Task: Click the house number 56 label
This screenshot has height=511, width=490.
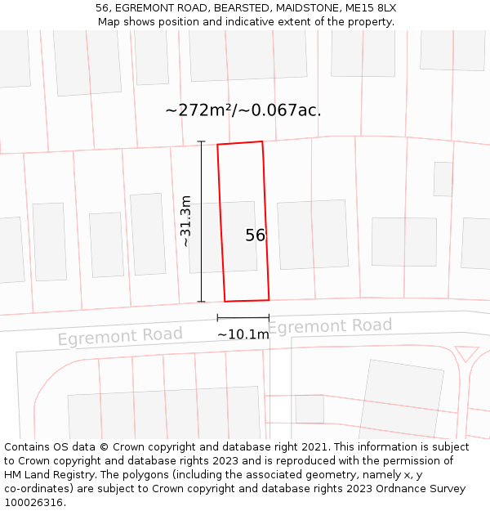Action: [x=255, y=235]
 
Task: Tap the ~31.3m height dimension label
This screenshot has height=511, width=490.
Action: [x=186, y=221]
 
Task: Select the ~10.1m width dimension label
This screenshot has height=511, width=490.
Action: [x=243, y=334]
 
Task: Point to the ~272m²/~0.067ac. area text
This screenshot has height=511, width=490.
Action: [x=243, y=110]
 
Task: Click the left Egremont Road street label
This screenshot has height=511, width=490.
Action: [x=120, y=336]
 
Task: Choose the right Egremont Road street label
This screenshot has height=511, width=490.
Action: [x=329, y=326]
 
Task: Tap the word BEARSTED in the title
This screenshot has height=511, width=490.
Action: [x=243, y=7]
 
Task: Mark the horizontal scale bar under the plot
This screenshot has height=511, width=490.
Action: [x=243, y=317]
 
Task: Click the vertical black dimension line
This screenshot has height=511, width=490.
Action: [x=201, y=222]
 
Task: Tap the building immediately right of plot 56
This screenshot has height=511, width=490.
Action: [x=313, y=235]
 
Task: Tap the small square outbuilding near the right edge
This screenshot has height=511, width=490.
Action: [x=443, y=179]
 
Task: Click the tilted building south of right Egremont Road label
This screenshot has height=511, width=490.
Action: [x=402, y=398]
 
